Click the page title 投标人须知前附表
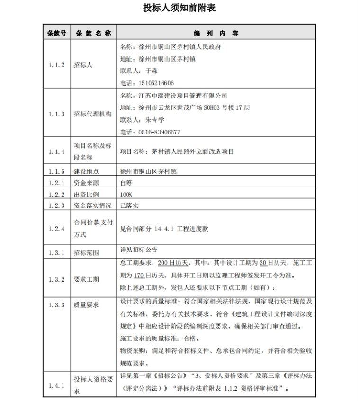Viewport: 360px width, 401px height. [180, 9]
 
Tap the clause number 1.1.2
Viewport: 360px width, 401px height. [56, 65]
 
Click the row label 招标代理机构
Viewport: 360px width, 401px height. [92, 114]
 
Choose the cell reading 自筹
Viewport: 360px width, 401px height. [126, 182]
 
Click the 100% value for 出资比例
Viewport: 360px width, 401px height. [126, 194]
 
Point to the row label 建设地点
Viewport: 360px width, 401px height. [86, 171]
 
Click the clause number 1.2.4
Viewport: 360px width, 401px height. [56, 229]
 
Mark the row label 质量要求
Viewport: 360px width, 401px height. [86, 305]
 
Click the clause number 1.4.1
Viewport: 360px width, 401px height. [56, 386]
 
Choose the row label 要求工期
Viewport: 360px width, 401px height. [86, 279]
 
